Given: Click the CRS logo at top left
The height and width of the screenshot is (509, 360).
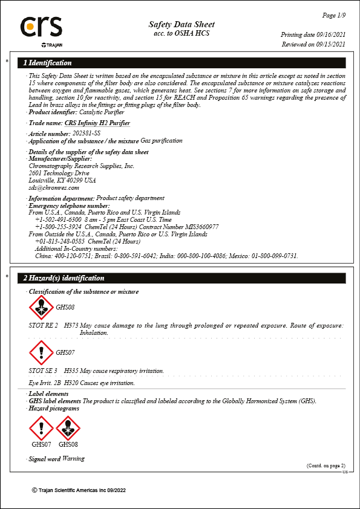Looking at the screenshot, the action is point(41,28).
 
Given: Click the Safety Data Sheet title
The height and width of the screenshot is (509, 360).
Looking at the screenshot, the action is point(182,24).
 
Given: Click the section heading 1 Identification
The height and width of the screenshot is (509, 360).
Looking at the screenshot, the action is point(47,63).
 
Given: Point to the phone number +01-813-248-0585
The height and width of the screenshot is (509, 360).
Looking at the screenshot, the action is point(60,241).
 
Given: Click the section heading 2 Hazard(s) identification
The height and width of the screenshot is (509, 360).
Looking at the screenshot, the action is point(64,278).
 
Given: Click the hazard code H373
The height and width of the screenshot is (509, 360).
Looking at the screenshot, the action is point(71,325).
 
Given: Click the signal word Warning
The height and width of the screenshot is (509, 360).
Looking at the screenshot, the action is point(73,459).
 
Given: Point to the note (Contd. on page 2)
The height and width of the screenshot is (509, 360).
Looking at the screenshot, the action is point(326,465).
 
